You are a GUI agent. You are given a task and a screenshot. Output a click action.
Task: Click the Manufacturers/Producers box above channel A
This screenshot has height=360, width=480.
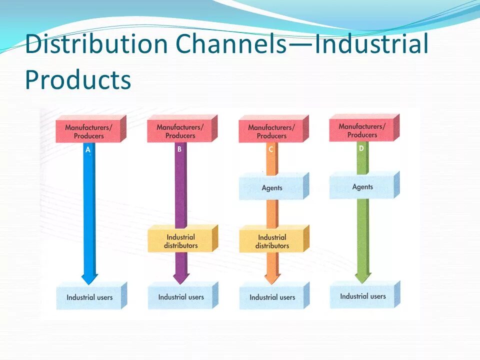click(x=89, y=131)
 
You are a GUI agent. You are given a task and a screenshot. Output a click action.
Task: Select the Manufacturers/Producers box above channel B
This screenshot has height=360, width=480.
click(x=180, y=131)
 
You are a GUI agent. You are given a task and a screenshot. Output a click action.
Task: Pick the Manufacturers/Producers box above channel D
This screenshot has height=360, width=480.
click(x=362, y=130)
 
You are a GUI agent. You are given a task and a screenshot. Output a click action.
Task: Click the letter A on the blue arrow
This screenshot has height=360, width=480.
click(x=88, y=149)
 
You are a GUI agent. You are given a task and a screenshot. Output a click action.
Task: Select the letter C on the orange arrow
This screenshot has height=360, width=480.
click(x=271, y=149)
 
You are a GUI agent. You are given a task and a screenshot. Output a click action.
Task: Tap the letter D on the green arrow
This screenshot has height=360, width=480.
click(x=361, y=148)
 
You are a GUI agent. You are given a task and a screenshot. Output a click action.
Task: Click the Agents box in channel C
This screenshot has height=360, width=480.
click(x=272, y=188)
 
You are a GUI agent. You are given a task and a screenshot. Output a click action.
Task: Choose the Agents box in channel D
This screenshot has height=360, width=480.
click(x=362, y=186)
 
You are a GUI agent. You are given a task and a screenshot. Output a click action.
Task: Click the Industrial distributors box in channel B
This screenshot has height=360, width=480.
click(x=181, y=241)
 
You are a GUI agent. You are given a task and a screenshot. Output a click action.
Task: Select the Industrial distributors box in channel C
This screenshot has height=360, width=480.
click(x=272, y=241)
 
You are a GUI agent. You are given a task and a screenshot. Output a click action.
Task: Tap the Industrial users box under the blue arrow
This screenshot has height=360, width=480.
click(x=89, y=297)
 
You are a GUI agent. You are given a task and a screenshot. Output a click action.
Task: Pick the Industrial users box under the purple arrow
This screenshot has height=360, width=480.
click(x=181, y=297)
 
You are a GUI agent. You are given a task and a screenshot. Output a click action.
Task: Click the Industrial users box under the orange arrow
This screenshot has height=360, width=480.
click(x=272, y=297)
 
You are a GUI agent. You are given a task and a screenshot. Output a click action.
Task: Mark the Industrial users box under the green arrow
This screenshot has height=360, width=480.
click(x=363, y=296)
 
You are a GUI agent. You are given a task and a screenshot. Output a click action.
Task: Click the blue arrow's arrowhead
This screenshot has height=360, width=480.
click(x=89, y=277)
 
